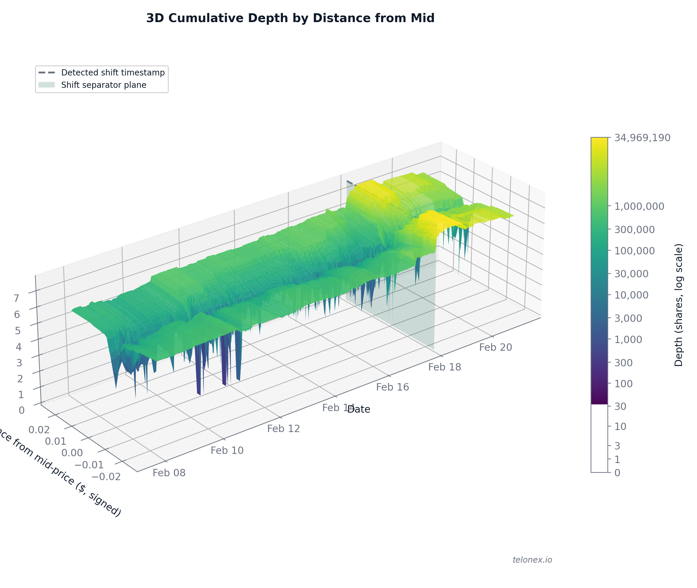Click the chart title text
click(x=290, y=18)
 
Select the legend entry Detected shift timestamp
click(x=112, y=73)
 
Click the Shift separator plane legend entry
click(x=104, y=85)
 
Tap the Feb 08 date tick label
click(x=169, y=473)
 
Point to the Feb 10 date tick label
click(x=227, y=451)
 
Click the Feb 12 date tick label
click(x=283, y=429)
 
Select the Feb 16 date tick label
click(x=392, y=387)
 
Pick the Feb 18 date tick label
click(x=445, y=367)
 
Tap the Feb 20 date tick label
click(x=496, y=347)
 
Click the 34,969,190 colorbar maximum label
click(x=642, y=138)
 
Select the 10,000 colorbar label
click(x=631, y=295)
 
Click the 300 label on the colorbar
click(x=623, y=363)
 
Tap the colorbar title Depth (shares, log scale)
click(x=679, y=305)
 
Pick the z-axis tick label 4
click(x=19, y=347)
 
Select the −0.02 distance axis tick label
click(x=106, y=477)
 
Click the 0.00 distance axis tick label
click(x=72, y=453)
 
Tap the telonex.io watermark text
click(x=532, y=560)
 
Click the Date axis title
click(x=359, y=409)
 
